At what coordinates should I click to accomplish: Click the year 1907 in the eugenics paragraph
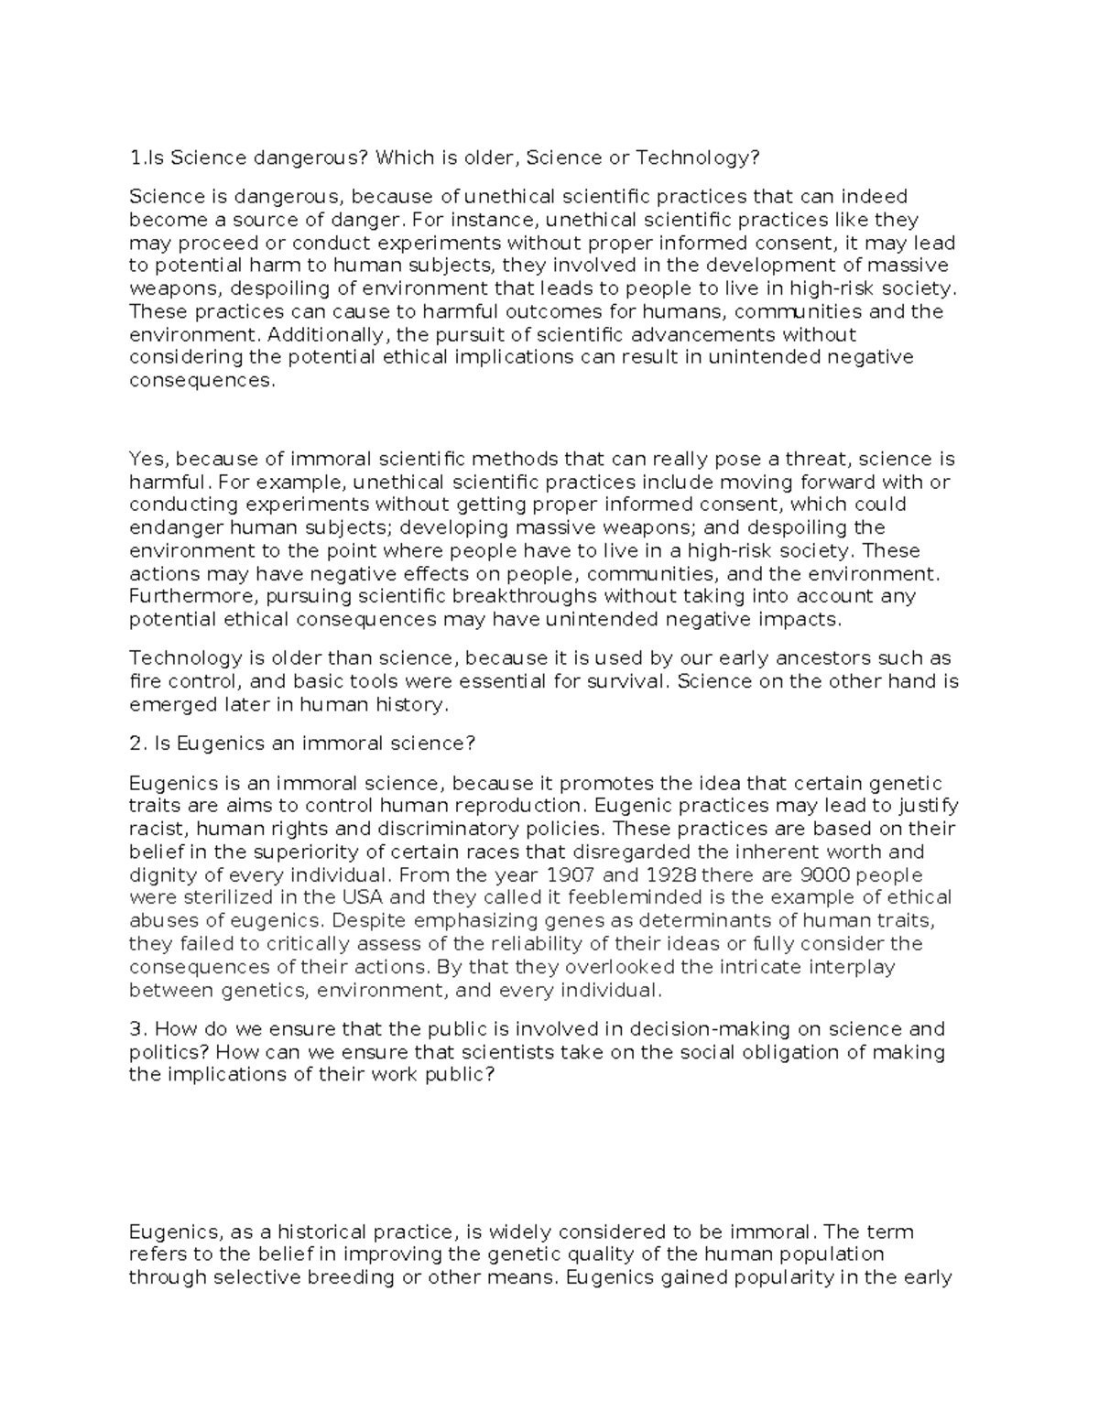click(598, 874)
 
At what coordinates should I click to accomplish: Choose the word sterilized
click(234, 897)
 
